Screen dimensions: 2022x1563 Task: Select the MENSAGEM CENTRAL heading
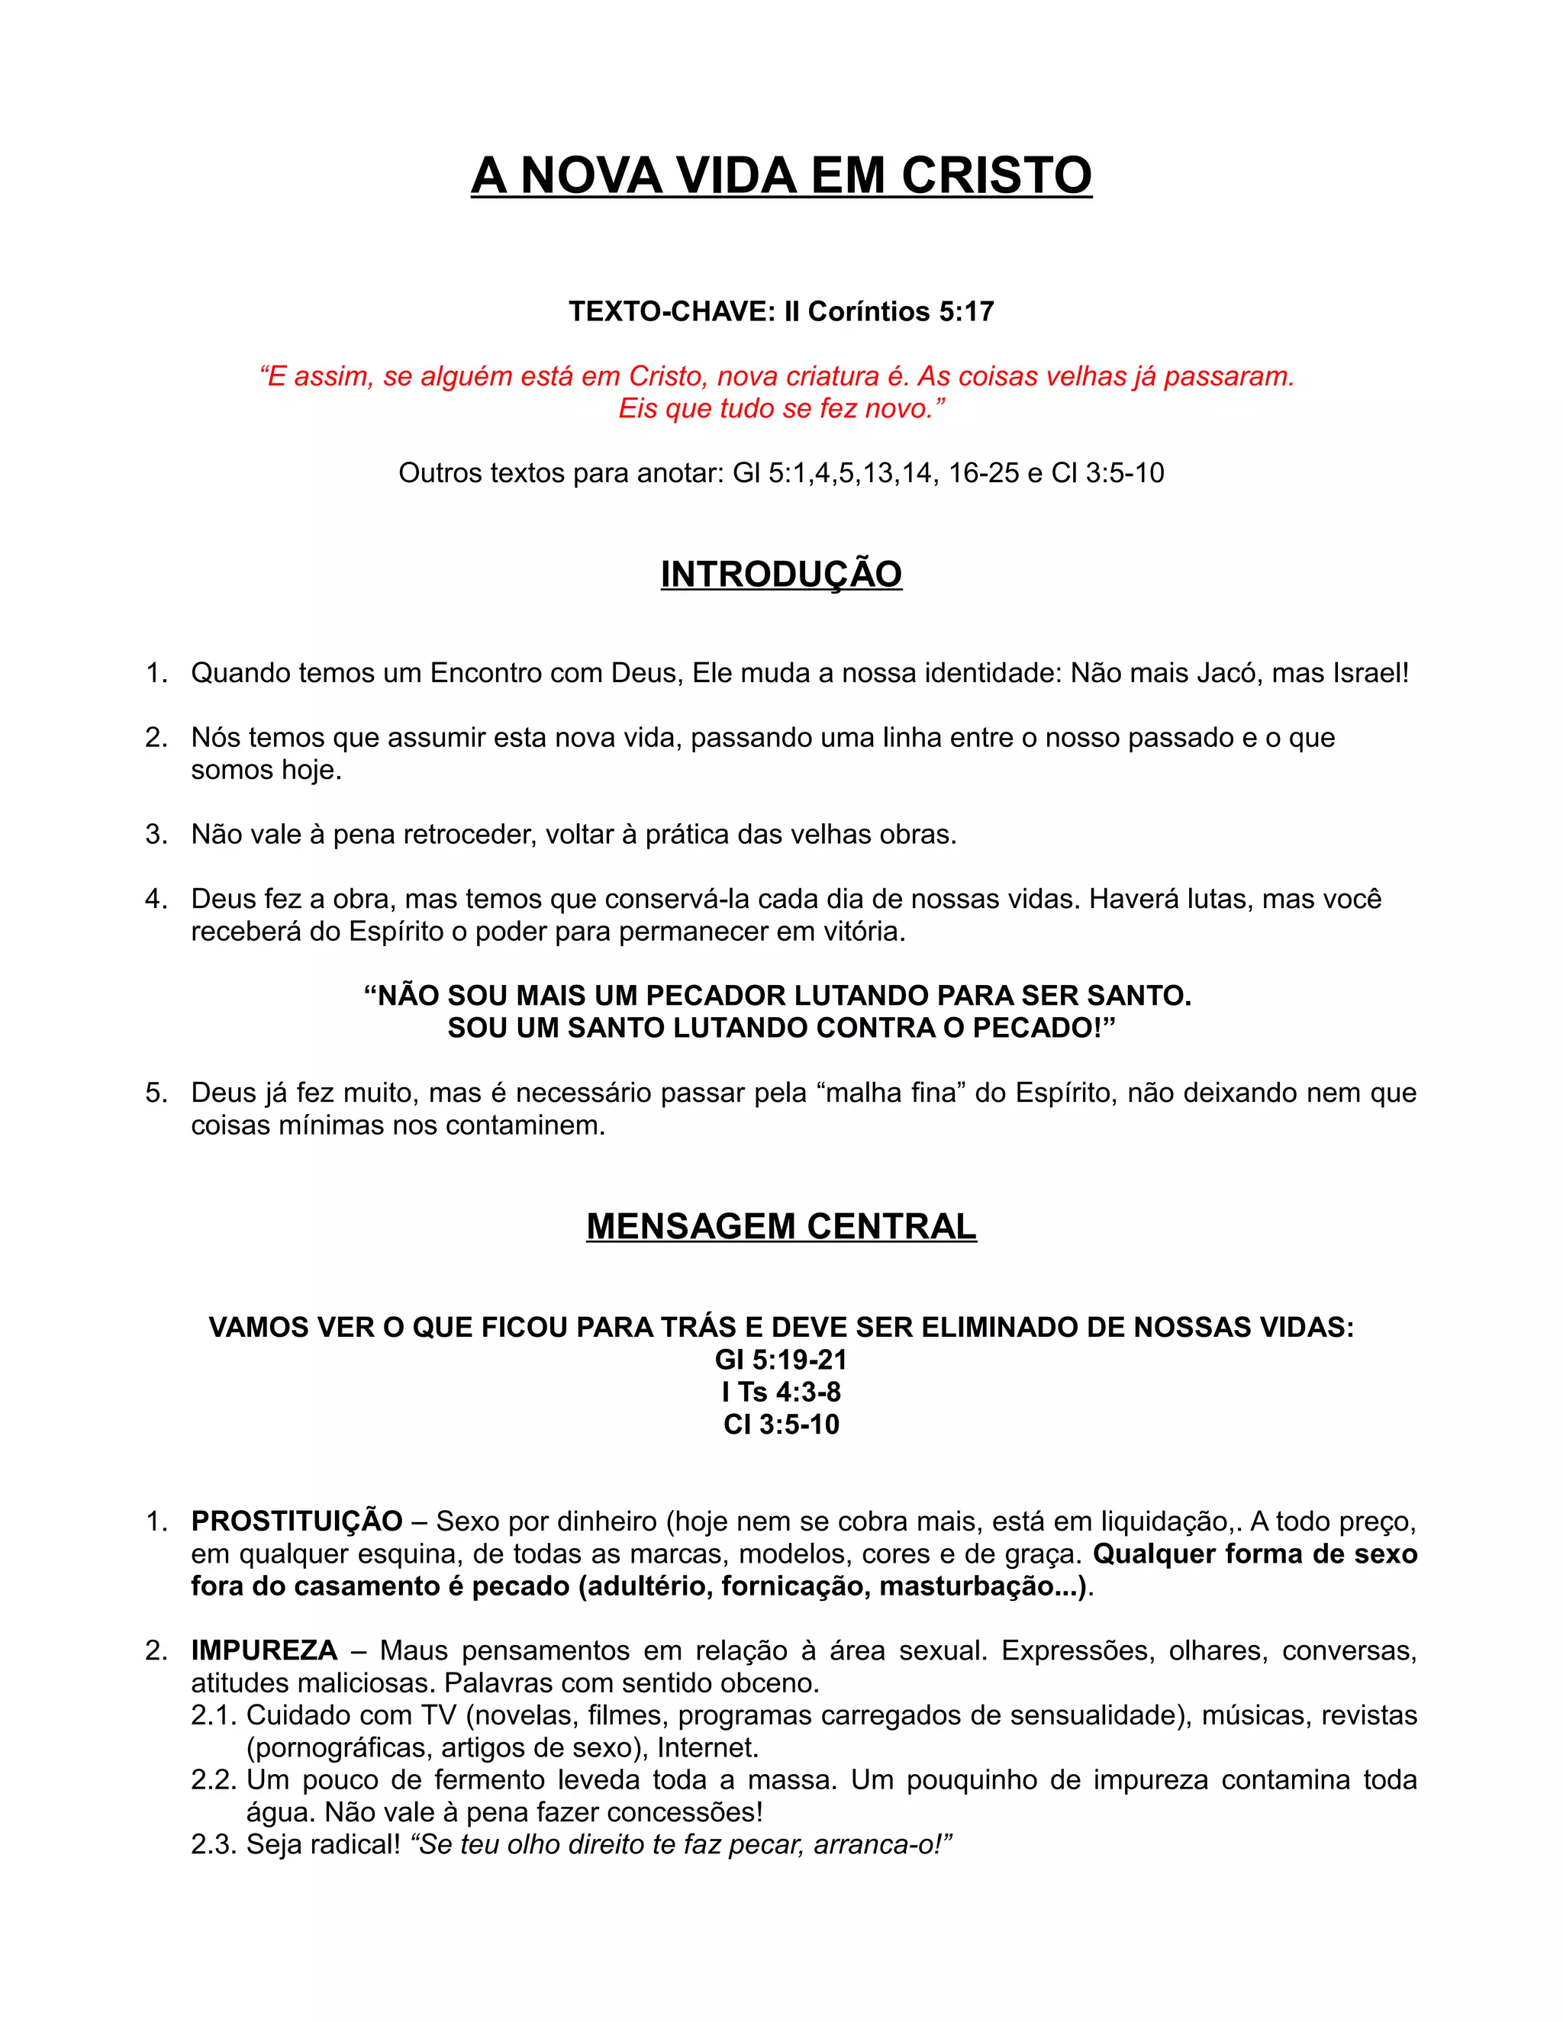781,1226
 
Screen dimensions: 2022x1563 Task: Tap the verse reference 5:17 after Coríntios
965,311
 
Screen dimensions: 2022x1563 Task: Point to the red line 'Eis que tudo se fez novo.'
781,408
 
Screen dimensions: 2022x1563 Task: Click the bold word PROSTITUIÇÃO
296,1521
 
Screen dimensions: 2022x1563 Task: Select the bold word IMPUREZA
264,1650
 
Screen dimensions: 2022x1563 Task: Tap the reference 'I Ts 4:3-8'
781,1392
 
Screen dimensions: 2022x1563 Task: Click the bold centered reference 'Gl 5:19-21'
781,1359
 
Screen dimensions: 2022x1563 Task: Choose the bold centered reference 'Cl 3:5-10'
781,1424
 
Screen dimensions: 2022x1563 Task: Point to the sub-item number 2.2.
213,1779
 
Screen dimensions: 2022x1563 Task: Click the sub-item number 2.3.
213,1844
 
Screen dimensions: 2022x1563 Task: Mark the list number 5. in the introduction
156,1093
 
